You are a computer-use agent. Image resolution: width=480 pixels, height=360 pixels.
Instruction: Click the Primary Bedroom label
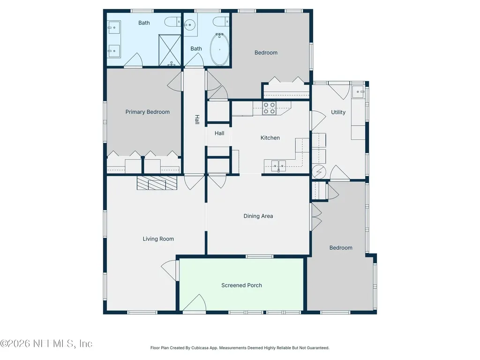coord(147,112)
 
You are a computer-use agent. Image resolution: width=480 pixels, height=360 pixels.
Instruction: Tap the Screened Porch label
coord(241,285)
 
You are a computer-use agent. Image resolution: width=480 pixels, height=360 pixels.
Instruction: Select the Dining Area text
coord(258,216)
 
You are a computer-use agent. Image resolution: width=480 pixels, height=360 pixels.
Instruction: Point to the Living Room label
coord(158,239)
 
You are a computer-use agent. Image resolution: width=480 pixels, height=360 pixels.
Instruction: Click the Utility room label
coord(338,112)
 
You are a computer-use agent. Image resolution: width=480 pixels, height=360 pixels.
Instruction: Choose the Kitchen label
coord(270,138)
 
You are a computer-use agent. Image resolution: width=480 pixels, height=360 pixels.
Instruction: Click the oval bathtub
coord(219,49)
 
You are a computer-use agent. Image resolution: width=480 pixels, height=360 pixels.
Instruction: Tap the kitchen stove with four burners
coord(269,108)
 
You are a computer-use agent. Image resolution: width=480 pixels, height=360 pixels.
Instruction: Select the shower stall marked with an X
coord(170,50)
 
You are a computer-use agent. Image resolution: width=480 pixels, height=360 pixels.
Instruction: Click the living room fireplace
coord(157,183)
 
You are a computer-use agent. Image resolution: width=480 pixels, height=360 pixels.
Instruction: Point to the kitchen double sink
coord(278,166)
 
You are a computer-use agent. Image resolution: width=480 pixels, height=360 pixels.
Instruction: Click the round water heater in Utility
coord(319,172)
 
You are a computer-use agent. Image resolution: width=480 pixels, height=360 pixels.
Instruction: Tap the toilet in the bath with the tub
coord(221,22)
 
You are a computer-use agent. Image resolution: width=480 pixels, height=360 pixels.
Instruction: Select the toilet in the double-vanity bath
coord(172,22)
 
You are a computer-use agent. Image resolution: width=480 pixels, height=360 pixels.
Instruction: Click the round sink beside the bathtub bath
coord(189,24)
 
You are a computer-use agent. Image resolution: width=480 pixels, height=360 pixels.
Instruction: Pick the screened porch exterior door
coord(195,303)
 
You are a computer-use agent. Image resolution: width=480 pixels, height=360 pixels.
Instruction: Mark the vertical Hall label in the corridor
coord(197,120)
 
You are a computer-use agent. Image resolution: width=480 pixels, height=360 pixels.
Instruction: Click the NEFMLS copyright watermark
coord(46,344)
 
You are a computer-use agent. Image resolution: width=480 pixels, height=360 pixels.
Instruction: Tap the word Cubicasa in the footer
coord(200,348)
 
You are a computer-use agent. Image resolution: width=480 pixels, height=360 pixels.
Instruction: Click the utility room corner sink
coord(358,91)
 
